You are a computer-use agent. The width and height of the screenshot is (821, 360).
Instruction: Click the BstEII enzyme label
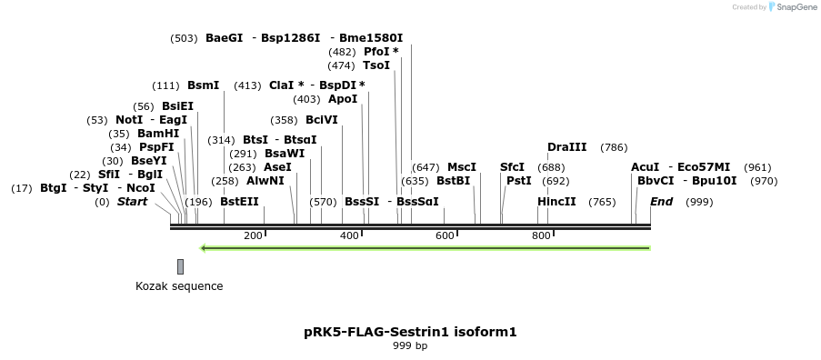[x=239, y=202]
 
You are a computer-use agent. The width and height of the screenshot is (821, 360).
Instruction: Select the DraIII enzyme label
[x=567, y=147]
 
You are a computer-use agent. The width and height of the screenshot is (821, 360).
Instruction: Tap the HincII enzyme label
[x=556, y=202]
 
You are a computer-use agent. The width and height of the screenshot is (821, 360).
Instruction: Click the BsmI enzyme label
[x=203, y=85]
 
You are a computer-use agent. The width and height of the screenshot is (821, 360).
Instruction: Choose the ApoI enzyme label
[x=343, y=99]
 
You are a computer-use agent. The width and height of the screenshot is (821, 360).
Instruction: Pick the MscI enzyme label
[x=462, y=167]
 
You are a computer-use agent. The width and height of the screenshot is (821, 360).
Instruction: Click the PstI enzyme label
[x=518, y=181]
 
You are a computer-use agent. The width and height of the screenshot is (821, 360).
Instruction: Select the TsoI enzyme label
[x=376, y=65]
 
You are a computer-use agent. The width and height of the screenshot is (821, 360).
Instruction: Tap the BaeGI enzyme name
[x=225, y=38]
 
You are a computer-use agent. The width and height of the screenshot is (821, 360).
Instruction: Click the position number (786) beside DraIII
[x=614, y=147]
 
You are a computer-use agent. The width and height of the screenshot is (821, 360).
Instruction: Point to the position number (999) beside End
[x=700, y=202]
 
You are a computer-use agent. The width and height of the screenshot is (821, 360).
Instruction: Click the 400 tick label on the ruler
[x=349, y=236]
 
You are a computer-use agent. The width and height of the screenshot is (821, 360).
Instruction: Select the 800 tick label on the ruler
[x=541, y=236]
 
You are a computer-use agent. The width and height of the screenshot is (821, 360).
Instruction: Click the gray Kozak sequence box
[x=180, y=266]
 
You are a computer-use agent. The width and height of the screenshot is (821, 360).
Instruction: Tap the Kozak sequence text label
[x=179, y=286]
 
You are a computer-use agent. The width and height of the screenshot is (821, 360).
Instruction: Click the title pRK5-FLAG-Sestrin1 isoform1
[x=410, y=332]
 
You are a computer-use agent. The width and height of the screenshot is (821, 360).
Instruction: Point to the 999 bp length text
[x=410, y=346]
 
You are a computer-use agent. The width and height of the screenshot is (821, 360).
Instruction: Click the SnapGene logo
[x=791, y=7]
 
